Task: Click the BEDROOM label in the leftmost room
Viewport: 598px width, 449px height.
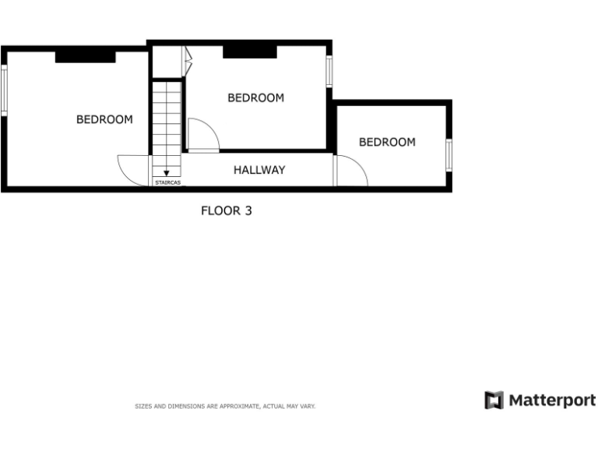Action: tap(104, 119)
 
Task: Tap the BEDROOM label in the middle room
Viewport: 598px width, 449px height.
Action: tap(255, 97)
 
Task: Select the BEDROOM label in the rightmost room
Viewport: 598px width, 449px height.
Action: tap(387, 142)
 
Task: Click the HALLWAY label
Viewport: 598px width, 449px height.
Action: tap(259, 169)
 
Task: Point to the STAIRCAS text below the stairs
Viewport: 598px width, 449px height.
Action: tap(167, 182)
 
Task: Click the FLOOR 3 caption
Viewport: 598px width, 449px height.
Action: tap(227, 210)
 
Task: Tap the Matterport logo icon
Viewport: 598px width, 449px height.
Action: tap(494, 401)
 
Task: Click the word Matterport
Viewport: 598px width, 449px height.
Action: tap(553, 401)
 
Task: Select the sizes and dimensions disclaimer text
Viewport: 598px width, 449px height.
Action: tap(225, 406)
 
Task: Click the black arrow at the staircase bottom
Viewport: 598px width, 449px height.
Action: tap(167, 173)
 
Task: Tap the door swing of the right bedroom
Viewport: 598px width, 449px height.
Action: tap(352, 171)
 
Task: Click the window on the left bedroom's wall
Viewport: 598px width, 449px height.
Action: tap(4, 90)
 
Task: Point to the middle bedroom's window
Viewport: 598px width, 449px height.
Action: tap(329, 71)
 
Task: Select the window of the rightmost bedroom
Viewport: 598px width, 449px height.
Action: tap(448, 154)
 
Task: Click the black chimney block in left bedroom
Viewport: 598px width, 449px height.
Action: tap(85, 56)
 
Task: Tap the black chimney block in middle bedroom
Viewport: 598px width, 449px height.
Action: tap(250, 51)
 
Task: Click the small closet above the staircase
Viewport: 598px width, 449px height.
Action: tap(167, 62)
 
